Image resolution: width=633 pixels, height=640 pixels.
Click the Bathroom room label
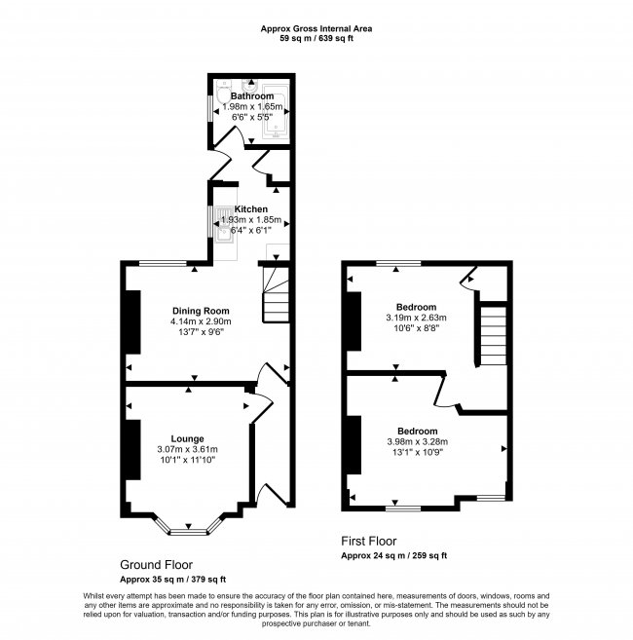[252, 95]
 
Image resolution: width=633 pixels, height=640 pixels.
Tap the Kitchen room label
[250, 209]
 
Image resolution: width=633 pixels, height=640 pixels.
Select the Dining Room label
[201, 311]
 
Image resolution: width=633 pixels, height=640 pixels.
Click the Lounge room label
[187, 438]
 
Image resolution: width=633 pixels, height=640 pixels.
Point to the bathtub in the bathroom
[276, 111]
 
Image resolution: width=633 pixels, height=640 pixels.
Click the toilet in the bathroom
[224, 91]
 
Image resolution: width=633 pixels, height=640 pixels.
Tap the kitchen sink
[224, 224]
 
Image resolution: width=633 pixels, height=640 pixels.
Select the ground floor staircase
[276, 294]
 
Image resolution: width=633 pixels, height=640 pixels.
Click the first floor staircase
[494, 335]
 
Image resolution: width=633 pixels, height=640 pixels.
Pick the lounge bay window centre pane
[189, 532]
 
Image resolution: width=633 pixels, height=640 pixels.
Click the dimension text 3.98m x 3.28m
[417, 441]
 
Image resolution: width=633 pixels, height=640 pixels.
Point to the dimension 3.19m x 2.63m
[416, 318]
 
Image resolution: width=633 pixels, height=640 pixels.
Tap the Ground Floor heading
[157, 565]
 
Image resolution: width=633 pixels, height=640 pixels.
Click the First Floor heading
[369, 542]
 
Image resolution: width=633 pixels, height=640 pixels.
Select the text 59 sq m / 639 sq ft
[316, 39]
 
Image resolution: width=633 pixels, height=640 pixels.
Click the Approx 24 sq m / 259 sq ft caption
[393, 555]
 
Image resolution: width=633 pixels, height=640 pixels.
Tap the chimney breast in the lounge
[133, 449]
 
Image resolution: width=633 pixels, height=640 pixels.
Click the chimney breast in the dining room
[133, 322]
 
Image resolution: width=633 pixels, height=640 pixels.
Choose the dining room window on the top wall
[163, 263]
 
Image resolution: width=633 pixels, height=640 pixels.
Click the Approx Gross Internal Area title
[316, 28]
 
